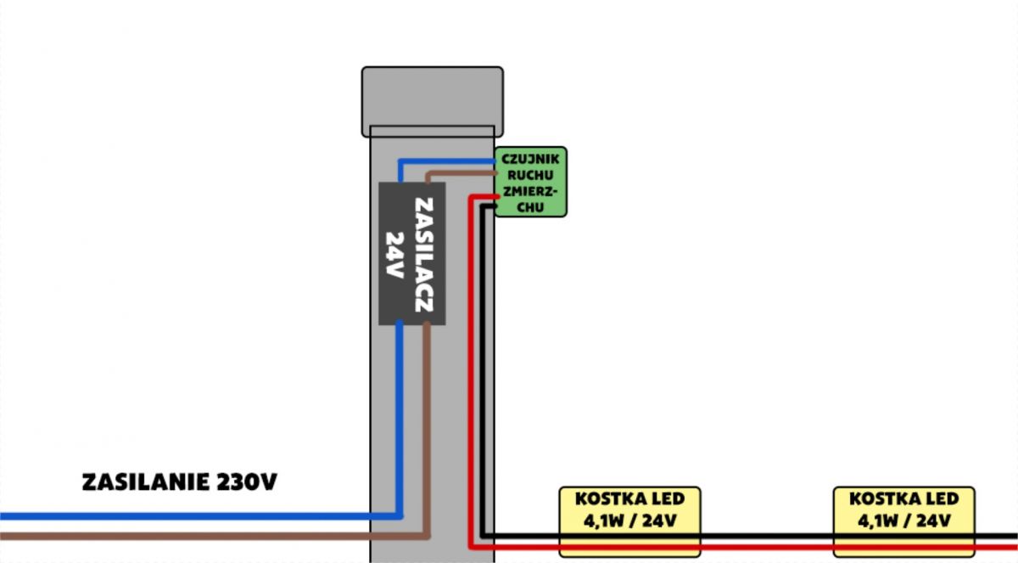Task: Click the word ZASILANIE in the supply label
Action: (x=145, y=482)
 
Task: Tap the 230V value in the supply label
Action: (x=247, y=482)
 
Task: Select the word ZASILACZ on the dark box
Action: (x=424, y=255)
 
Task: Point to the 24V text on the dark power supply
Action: (x=395, y=255)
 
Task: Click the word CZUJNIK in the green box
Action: (x=530, y=159)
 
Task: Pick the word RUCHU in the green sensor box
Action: (x=530, y=175)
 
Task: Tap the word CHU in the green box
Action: (x=530, y=207)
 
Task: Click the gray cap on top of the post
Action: (x=432, y=101)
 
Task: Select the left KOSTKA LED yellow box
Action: (x=629, y=521)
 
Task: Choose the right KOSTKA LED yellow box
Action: (x=904, y=521)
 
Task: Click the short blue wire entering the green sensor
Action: (x=446, y=161)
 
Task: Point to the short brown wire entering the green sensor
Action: (x=461, y=173)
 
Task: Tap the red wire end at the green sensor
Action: (x=498, y=196)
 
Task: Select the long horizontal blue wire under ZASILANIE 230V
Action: (x=200, y=516)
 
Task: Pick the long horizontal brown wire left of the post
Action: (x=214, y=536)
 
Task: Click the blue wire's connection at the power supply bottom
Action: (x=400, y=323)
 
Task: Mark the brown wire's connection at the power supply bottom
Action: (x=426, y=324)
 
